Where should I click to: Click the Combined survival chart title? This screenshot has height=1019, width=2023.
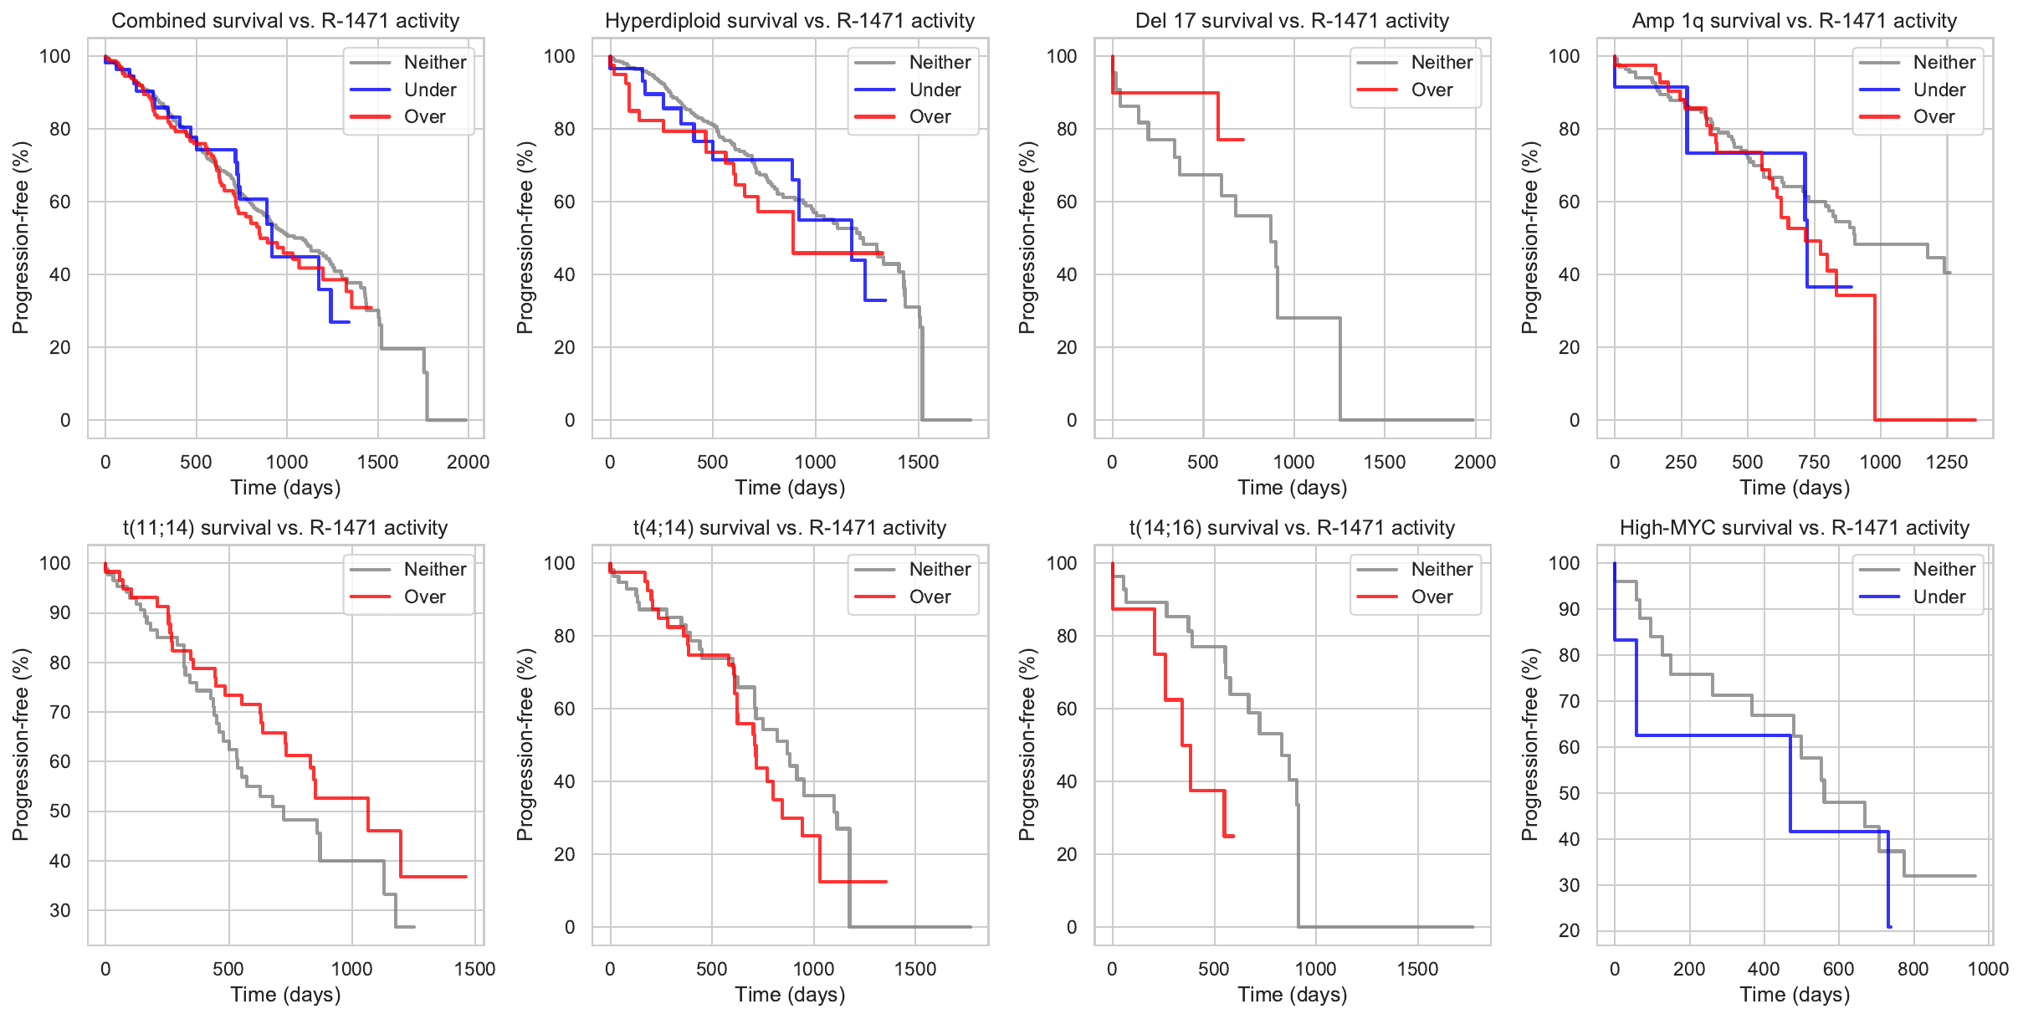pos(285,21)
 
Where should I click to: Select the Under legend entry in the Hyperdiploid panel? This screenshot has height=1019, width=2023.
pos(935,90)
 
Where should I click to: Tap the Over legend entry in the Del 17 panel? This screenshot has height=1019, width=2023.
pos(1431,90)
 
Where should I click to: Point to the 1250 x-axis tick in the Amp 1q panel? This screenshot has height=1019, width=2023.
pos(1947,462)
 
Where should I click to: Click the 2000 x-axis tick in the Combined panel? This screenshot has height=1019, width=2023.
pos(468,462)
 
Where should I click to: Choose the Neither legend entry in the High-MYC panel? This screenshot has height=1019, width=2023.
pos(1944,569)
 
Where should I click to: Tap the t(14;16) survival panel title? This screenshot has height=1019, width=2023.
pos(1292,528)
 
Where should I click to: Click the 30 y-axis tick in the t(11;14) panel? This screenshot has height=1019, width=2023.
pos(60,910)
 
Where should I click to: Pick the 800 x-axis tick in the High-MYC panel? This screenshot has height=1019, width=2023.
pos(1913,969)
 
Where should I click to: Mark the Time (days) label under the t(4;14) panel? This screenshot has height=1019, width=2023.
pos(790,995)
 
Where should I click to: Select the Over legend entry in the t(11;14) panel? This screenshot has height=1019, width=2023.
pos(424,597)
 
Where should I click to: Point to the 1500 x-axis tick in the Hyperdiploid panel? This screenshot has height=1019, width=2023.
pos(918,462)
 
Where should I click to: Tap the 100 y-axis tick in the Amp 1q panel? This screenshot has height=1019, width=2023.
pos(1564,56)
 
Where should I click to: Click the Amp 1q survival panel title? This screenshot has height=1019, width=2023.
pos(1794,21)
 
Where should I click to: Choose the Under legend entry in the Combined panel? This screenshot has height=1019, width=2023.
pos(429,90)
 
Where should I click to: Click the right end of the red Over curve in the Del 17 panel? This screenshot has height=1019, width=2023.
pos(1244,140)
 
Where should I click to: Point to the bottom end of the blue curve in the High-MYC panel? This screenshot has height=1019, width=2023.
pos(1890,927)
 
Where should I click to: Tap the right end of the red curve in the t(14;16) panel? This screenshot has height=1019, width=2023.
pos(1233,836)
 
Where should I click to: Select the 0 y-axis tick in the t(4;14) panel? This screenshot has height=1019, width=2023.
pos(570,927)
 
